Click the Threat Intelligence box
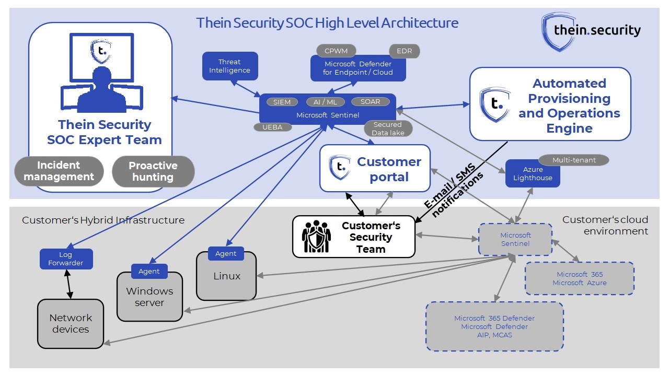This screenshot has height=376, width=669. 230,66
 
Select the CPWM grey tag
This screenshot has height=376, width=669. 336,51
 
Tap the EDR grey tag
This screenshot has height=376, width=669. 404,51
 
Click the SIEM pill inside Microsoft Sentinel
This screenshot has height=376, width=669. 282,102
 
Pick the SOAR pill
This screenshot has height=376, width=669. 370,101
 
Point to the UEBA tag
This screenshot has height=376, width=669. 273,127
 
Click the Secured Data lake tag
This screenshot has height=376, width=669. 387,128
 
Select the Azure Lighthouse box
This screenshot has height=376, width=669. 533,174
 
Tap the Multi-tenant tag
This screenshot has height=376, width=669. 573,160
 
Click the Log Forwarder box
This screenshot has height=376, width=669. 66,259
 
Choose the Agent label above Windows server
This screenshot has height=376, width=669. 149,272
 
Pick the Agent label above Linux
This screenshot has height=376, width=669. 226,254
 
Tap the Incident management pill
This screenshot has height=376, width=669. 59,171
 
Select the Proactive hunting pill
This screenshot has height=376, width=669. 153,171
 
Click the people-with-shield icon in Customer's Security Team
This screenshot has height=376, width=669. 316,237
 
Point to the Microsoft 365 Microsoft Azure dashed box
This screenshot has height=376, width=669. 579,278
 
